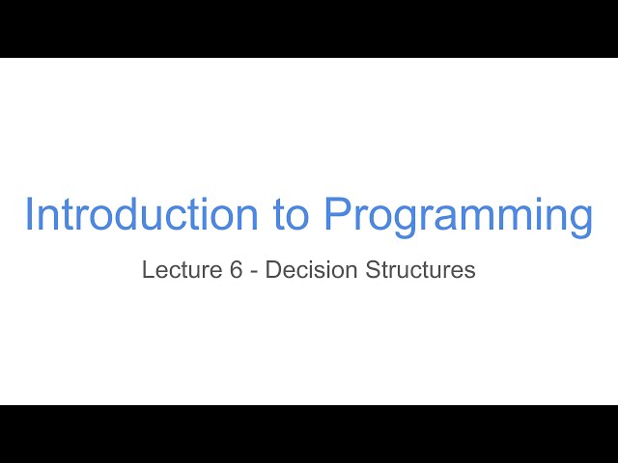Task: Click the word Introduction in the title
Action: point(144,214)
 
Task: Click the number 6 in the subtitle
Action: point(236,270)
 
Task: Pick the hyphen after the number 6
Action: point(254,271)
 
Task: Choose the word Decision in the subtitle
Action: point(311,270)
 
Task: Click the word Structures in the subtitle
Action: point(420,270)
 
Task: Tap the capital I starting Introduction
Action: point(29,214)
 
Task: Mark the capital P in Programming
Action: point(338,214)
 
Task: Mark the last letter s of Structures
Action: point(470,272)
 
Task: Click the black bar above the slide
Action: point(309,29)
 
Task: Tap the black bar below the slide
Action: point(309,434)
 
